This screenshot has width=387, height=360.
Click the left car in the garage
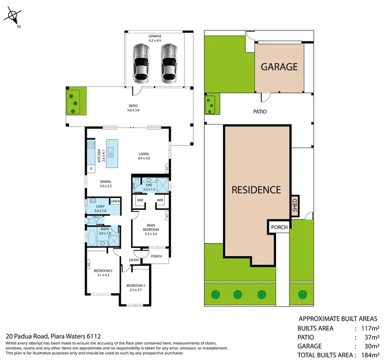pos(141,63)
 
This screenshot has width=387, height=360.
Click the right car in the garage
pos(169,63)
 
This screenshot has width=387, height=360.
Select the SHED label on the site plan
pos(295,205)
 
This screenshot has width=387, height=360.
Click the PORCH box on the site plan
pos(277,227)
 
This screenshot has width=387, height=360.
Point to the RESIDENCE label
pos(256,190)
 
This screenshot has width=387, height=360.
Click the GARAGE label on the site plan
pos(279,67)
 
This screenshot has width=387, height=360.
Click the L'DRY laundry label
pos(100,209)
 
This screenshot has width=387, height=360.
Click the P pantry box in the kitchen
pos(91,168)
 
